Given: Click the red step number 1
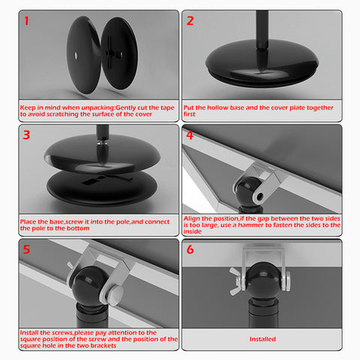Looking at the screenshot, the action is (26, 21).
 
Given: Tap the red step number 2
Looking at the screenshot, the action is (190, 21).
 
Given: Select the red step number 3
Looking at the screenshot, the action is (26, 135).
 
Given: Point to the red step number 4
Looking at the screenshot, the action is (190, 135).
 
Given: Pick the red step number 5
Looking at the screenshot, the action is (26, 249).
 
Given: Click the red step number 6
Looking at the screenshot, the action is (190, 249).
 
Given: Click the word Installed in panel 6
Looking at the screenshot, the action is (262, 339).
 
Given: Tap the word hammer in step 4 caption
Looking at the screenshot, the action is (250, 225).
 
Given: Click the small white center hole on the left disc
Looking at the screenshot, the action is (76, 55).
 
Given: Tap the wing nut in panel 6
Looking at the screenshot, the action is (235, 281).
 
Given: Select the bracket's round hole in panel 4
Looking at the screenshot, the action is (259, 196).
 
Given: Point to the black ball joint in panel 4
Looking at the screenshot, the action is (247, 192).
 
